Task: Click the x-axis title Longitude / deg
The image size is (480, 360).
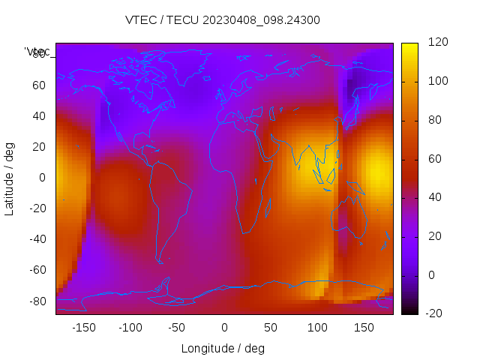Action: [223, 348]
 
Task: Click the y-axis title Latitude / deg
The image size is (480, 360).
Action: [10, 178]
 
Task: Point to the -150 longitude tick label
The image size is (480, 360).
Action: [84, 328]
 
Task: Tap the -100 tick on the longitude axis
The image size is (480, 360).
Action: [130, 328]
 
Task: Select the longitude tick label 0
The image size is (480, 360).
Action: [224, 328]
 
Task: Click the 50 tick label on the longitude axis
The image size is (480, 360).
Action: [271, 328]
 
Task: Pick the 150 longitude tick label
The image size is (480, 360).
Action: [364, 328]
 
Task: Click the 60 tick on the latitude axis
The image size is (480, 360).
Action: [39, 85]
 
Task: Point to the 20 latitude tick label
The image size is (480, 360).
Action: [39, 147]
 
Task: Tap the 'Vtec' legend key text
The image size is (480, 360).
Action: [37, 52]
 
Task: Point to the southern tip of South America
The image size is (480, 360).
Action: [160, 262]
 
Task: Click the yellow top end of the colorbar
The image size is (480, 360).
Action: [409, 46]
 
